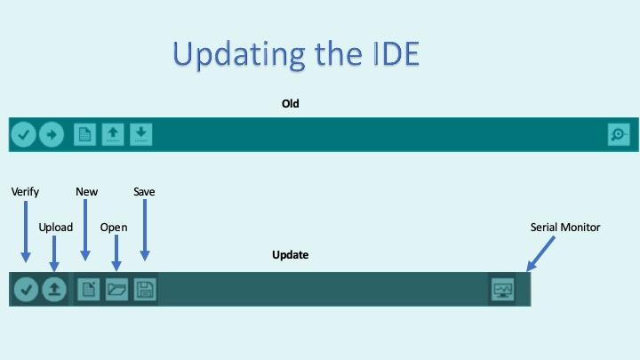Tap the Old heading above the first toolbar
click(291, 104)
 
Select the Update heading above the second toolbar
click(290, 255)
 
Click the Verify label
click(25, 192)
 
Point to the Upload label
click(56, 228)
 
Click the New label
click(87, 192)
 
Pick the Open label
click(114, 228)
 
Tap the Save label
click(144, 192)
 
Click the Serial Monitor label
click(565, 228)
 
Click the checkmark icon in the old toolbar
click(23, 135)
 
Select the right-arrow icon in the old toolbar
click(52, 135)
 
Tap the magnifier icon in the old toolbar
click(618, 135)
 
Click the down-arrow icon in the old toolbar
click(141, 134)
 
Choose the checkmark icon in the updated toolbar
click(26, 290)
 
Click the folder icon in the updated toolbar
click(116, 290)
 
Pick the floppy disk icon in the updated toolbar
click(145, 290)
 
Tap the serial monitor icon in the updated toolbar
click(503, 290)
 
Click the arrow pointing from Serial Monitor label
click(541, 253)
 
